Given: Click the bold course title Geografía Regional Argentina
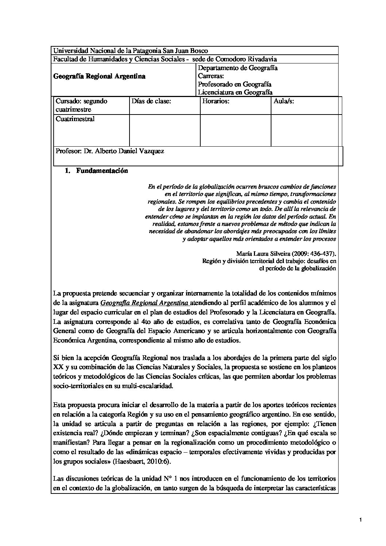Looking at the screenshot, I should pos(99,76).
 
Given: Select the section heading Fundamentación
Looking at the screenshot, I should pos(102,171).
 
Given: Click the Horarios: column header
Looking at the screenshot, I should pos(216,101).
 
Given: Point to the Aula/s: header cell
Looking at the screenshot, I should pos(284,101).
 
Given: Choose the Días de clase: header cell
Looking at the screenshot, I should pos(151,101).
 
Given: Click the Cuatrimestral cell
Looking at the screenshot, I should pos(75,119).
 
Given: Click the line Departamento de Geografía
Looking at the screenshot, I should pos(238,68).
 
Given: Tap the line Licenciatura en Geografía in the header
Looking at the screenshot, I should pos(235,93).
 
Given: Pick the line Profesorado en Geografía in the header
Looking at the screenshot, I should pos(235,84).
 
